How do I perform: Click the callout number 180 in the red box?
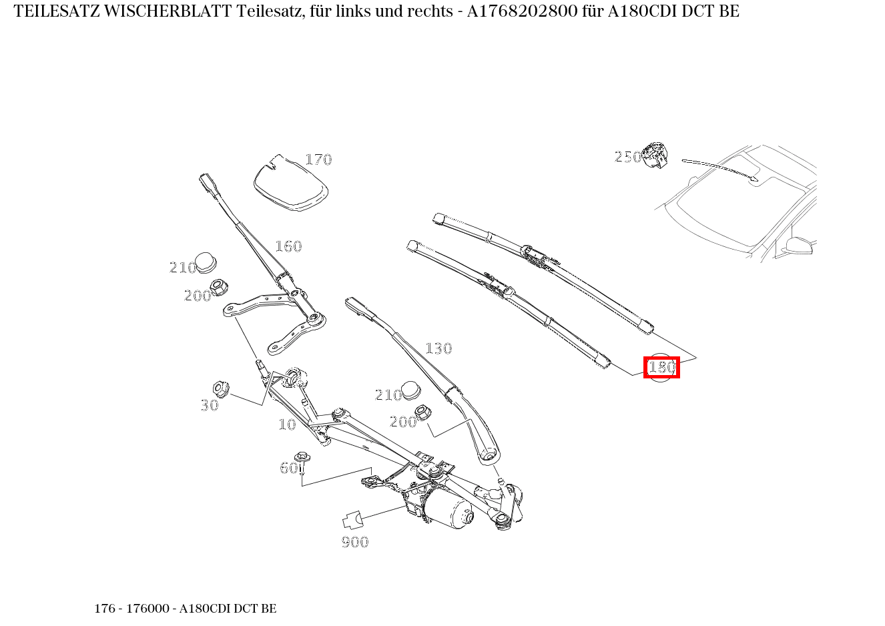pyautogui.click(x=661, y=367)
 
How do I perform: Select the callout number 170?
pyautogui.click(x=318, y=160)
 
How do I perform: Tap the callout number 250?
pyautogui.click(x=627, y=157)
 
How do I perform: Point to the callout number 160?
pyautogui.click(x=288, y=246)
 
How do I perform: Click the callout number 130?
pyautogui.click(x=438, y=348)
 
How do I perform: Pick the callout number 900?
pyautogui.click(x=355, y=542)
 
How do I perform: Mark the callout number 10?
pyautogui.click(x=287, y=424)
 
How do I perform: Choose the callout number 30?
pyautogui.click(x=210, y=405)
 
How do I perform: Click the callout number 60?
pyautogui.click(x=288, y=468)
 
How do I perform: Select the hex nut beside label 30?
pyautogui.click(x=221, y=388)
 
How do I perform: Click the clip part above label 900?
pyautogui.click(x=352, y=519)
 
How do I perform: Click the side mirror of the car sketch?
pyautogui.click(x=798, y=245)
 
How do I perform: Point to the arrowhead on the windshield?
pyautogui.click(x=755, y=178)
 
